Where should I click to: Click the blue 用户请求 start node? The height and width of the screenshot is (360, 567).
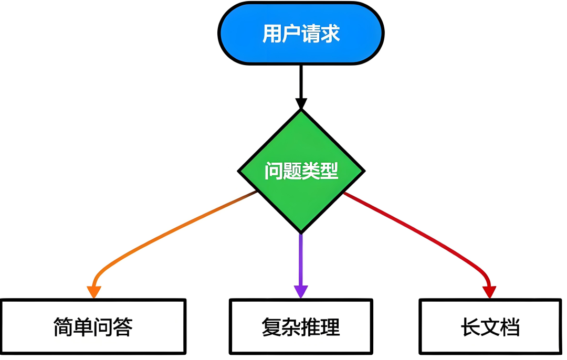(301, 34)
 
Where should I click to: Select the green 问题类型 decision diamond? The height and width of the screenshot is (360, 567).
(301, 171)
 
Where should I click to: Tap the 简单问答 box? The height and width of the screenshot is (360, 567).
(93, 326)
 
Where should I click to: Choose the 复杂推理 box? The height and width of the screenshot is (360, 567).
(301, 326)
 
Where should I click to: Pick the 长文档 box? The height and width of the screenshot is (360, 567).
(490, 326)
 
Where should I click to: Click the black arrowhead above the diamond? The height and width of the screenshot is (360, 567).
(301, 103)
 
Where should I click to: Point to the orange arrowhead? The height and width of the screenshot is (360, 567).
(93, 292)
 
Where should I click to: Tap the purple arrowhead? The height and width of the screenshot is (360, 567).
(301, 291)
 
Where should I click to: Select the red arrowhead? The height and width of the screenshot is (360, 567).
(489, 292)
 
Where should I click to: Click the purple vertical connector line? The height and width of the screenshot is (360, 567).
(301, 260)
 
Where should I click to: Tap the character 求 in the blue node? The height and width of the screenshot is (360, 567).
(330, 34)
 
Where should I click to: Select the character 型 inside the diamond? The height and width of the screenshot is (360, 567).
(329, 171)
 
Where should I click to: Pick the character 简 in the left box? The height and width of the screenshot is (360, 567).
(64, 327)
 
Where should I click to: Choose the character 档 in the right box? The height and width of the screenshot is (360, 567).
(510, 327)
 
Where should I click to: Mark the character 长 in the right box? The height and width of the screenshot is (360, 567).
(470, 327)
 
